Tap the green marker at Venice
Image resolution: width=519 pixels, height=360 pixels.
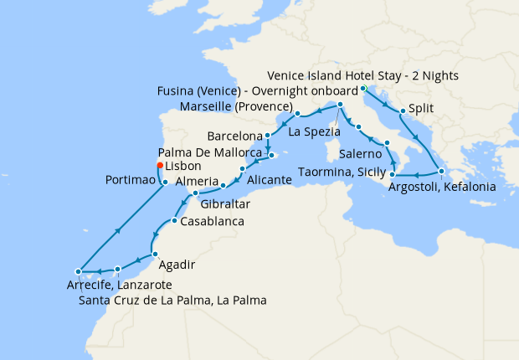pyautogui.click(x=363, y=89)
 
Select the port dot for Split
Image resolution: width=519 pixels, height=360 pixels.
pyautogui.click(x=403, y=111)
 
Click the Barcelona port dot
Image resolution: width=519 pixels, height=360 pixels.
pyautogui.click(x=267, y=136)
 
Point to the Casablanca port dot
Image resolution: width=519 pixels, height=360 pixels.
pyautogui.click(x=173, y=221)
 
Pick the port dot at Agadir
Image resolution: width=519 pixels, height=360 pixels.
pyautogui.click(x=154, y=254)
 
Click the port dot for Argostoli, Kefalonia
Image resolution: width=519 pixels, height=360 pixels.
pyautogui.click(x=441, y=172)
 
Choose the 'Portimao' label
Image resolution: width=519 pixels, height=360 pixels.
pyautogui.click(x=131, y=181)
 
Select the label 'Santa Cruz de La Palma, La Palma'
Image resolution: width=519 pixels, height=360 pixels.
pyautogui.click(x=172, y=300)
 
